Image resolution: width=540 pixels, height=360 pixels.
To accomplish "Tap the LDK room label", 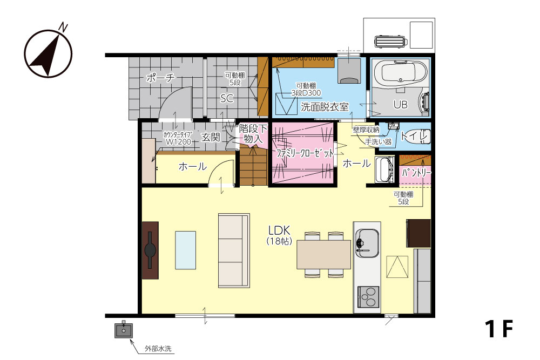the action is [279, 230].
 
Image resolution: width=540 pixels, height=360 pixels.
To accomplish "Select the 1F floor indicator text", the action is [499, 329].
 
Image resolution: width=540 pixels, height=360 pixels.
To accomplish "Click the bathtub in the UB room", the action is [401, 73].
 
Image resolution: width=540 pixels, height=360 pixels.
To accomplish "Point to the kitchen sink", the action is [367, 243].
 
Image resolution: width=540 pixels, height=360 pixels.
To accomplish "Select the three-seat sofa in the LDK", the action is [234, 250].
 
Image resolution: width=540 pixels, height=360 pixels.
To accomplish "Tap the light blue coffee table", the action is [186, 250].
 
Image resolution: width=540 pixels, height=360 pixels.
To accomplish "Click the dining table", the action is [323, 254].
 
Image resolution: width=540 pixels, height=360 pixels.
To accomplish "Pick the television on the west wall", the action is [150, 250].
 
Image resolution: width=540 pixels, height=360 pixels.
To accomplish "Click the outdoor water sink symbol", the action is [124, 330].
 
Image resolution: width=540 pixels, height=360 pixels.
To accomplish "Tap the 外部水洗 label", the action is [158, 349].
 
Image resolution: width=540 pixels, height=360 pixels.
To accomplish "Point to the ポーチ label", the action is [160, 78].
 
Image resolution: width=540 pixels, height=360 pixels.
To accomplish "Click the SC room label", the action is [227, 98].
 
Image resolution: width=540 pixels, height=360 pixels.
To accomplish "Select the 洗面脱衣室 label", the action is [325, 107].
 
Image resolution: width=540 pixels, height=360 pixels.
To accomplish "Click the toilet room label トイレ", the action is [414, 136].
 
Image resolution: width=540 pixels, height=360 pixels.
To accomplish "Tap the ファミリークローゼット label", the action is [305, 153].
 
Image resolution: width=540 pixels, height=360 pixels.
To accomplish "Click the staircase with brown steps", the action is [254, 165].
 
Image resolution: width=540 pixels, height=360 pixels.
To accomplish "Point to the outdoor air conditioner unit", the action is [391, 42].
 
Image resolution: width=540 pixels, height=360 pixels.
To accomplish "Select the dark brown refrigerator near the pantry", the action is [418, 233].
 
